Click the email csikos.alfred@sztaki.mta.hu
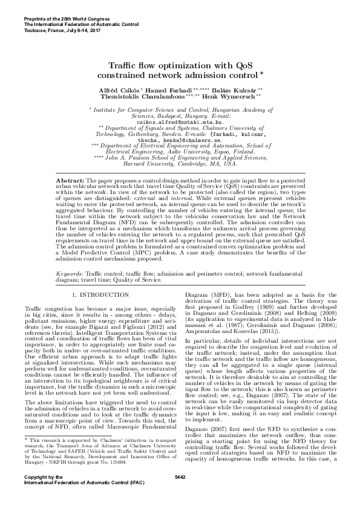click(x=180, y=121)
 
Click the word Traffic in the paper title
click(x=125, y=65)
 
